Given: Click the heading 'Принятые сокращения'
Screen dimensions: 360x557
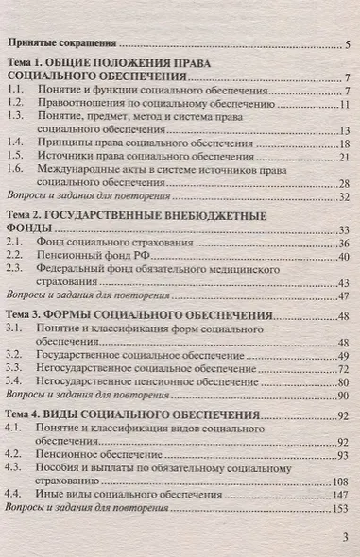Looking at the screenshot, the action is (60, 42).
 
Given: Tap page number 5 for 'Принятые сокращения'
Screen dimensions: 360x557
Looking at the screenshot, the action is (347, 43).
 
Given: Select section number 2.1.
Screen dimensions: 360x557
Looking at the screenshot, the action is (13, 243).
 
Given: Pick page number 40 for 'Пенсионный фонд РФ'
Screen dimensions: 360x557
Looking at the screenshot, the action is (344, 256).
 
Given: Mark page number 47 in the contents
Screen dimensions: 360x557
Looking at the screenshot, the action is (344, 295).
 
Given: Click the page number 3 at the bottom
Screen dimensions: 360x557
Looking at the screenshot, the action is (344, 537).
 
